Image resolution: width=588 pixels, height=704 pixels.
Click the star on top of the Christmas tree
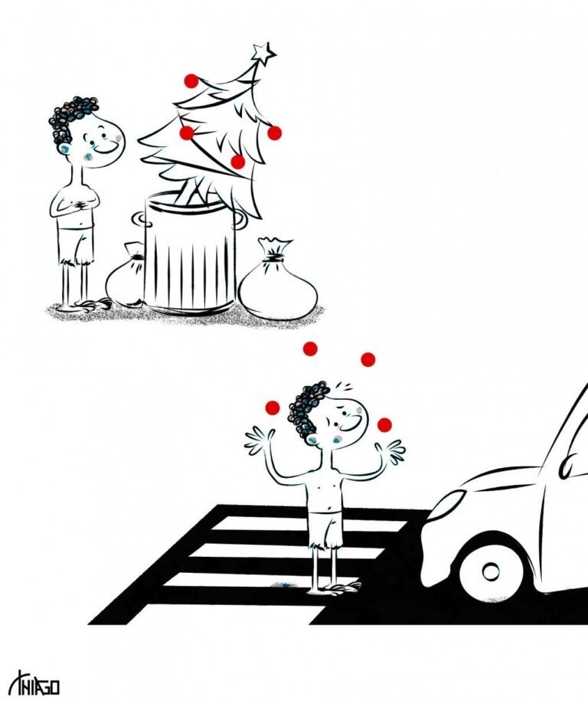click(x=263, y=53)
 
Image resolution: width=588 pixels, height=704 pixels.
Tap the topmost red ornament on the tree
click(x=191, y=81)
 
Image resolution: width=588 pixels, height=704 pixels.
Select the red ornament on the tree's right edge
click(x=274, y=133)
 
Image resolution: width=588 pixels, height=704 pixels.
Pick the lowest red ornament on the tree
click(x=237, y=162)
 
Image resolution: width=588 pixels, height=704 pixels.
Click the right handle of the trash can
click(x=240, y=220)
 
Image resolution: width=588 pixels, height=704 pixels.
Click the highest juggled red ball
click(x=310, y=349)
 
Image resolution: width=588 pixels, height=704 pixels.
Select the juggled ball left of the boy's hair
click(x=273, y=408)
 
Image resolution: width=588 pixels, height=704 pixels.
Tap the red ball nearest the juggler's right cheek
click(x=384, y=424)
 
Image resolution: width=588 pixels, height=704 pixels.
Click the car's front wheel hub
click(x=491, y=571)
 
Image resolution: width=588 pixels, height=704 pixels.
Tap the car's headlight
click(x=447, y=505)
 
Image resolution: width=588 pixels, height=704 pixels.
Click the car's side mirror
click(x=573, y=466)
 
